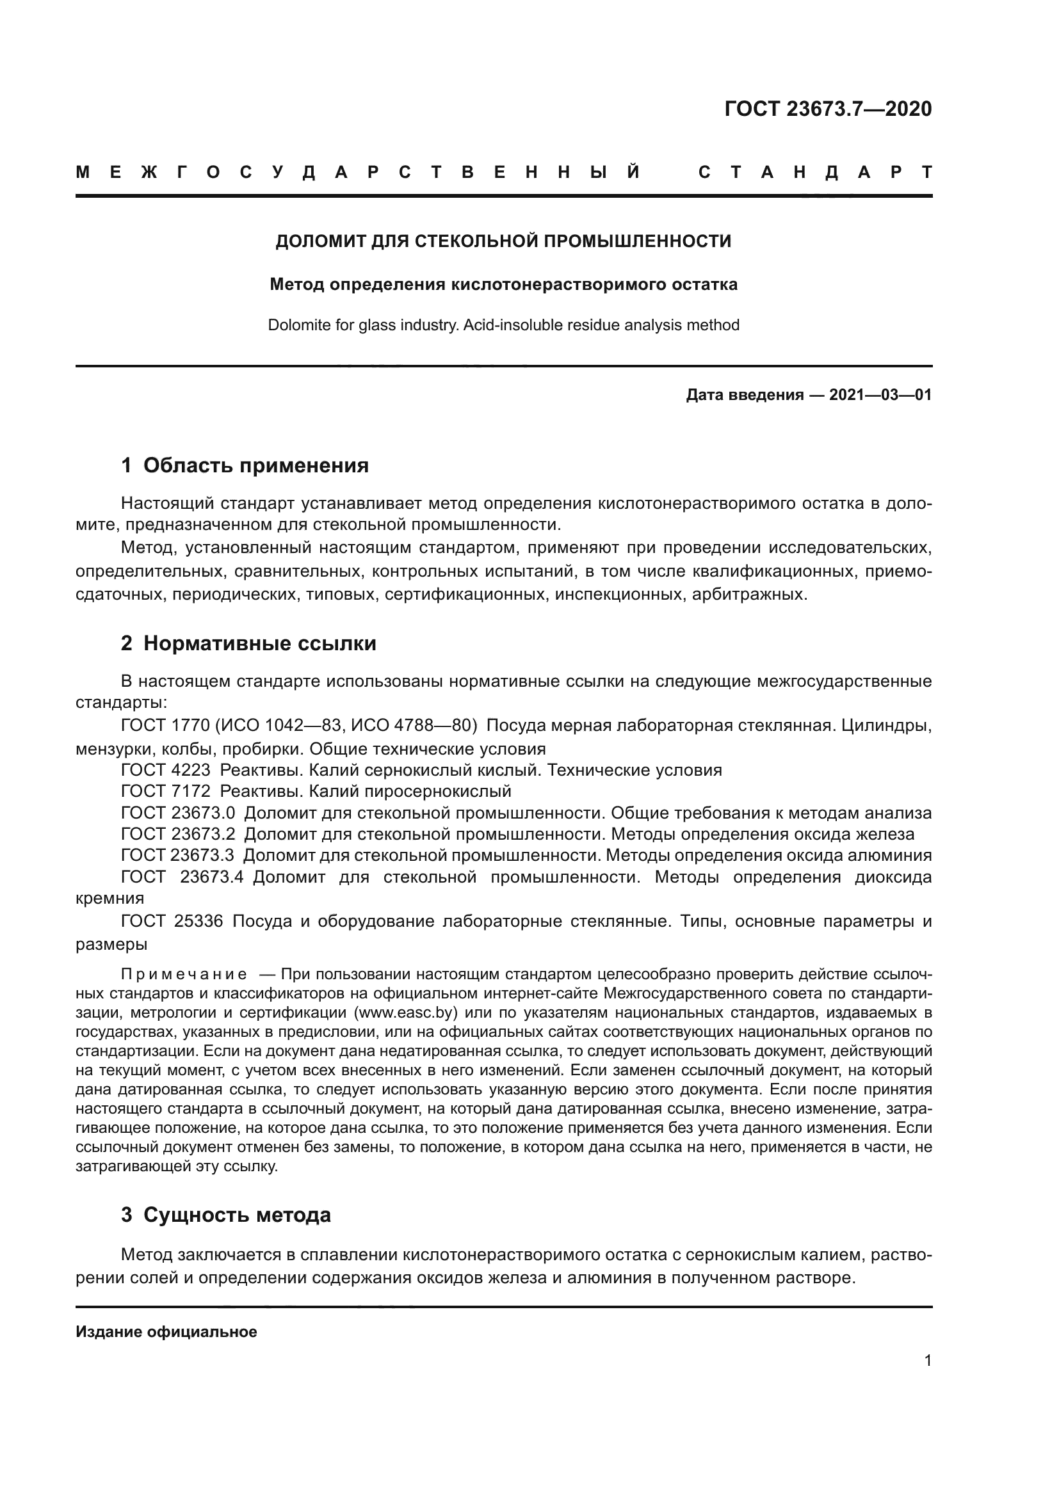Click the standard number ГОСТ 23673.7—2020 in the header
click(827, 109)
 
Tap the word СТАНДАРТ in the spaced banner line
click(814, 172)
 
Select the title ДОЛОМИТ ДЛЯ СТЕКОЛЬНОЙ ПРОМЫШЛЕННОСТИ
click(503, 241)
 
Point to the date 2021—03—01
click(880, 395)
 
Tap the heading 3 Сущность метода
click(225, 1215)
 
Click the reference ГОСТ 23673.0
click(177, 813)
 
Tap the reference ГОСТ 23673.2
click(177, 835)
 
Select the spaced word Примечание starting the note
click(184, 975)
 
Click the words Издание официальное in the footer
click(166, 1332)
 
